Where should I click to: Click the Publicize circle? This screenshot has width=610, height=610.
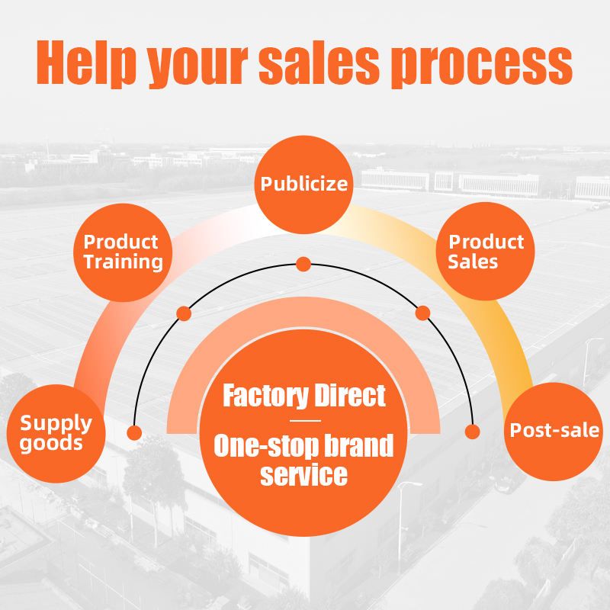click(x=303, y=184)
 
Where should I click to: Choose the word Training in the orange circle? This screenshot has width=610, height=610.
click(x=123, y=262)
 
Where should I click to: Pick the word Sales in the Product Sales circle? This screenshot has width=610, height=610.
click(x=473, y=262)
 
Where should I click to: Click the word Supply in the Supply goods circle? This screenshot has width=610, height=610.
click(x=56, y=422)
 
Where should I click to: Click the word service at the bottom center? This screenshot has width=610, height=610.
click(x=303, y=475)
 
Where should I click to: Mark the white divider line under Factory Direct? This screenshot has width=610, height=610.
click(x=303, y=421)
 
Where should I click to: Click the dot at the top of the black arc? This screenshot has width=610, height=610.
click(x=303, y=265)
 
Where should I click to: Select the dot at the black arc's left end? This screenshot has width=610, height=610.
click(x=135, y=433)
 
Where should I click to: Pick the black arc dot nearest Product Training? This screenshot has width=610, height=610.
click(x=184, y=313)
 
